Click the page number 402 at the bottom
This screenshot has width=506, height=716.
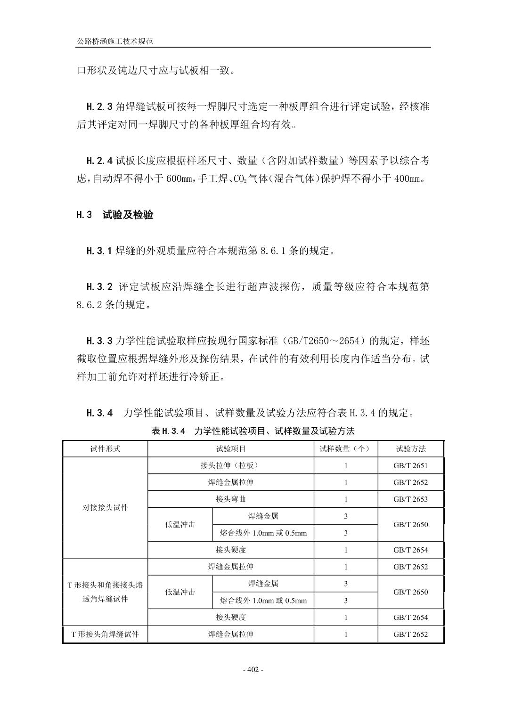(253, 670)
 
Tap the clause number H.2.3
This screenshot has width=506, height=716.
(99, 106)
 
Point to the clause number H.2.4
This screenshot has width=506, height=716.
(99, 161)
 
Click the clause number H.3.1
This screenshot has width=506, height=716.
(99, 251)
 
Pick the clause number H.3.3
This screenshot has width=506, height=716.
(99, 341)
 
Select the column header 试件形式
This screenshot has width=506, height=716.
(105, 449)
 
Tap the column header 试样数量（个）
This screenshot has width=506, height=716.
(345, 449)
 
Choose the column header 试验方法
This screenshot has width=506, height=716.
(410, 449)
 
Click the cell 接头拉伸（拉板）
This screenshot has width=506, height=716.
(230, 465)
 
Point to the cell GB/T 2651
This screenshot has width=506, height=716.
(410, 465)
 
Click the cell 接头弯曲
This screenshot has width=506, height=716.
(230, 499)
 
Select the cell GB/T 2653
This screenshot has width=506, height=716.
(410, 499)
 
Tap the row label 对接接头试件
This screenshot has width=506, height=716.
(105, 508)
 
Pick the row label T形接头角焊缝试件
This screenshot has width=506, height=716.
(105, 634)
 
